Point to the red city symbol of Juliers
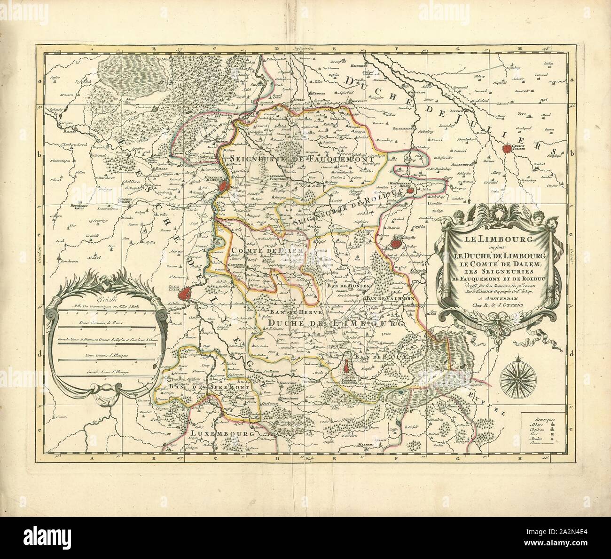pyautogui.click(x=507, y=149)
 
